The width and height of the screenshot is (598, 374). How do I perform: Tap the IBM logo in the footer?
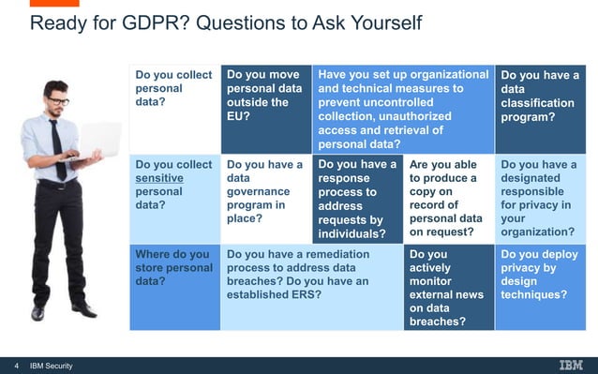tap(570, 366)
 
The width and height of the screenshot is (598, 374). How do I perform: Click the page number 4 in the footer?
tap(16, 366)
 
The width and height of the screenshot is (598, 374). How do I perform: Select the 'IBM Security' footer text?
tap(52, 366)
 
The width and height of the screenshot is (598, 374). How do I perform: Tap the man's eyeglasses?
tap(58, 100)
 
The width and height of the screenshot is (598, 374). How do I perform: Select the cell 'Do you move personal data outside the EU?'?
tap(265, 108)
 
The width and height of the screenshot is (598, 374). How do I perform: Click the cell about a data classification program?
tap(540, 108)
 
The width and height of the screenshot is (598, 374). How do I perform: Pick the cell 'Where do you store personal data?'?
tap(174, 287)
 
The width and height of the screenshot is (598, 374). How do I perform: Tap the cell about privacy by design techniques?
tap(540, 287)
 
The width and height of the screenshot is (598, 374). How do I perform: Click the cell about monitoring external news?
tap(449, 287)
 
